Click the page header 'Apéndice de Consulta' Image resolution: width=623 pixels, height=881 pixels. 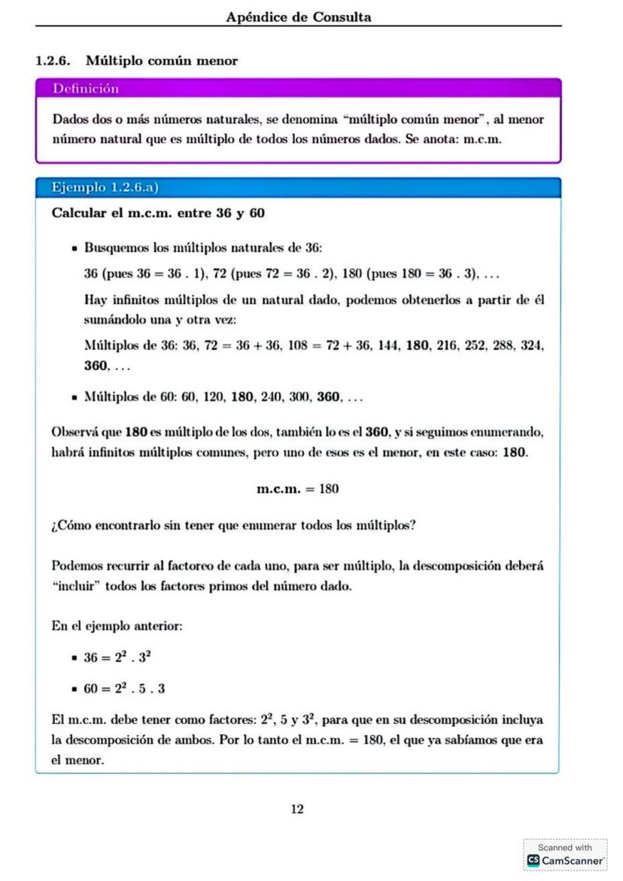[299, 17]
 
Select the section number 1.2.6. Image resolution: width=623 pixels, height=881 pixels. [56, 61]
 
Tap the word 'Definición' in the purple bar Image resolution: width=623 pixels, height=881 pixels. [86, 89]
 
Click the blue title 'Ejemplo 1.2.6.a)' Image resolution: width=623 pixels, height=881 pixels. [105, 187]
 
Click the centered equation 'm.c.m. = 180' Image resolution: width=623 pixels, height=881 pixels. [298, 489]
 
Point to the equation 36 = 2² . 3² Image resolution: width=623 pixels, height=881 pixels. [118, 657]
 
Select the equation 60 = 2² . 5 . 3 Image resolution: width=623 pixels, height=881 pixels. [124, 688]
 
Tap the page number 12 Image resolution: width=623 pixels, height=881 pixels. [297, 809]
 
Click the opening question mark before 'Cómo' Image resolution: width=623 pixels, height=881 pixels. [55, 526]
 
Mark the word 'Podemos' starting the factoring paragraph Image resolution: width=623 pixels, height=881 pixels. [74, 566]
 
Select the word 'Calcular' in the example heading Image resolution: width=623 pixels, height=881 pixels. [79, 214]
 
